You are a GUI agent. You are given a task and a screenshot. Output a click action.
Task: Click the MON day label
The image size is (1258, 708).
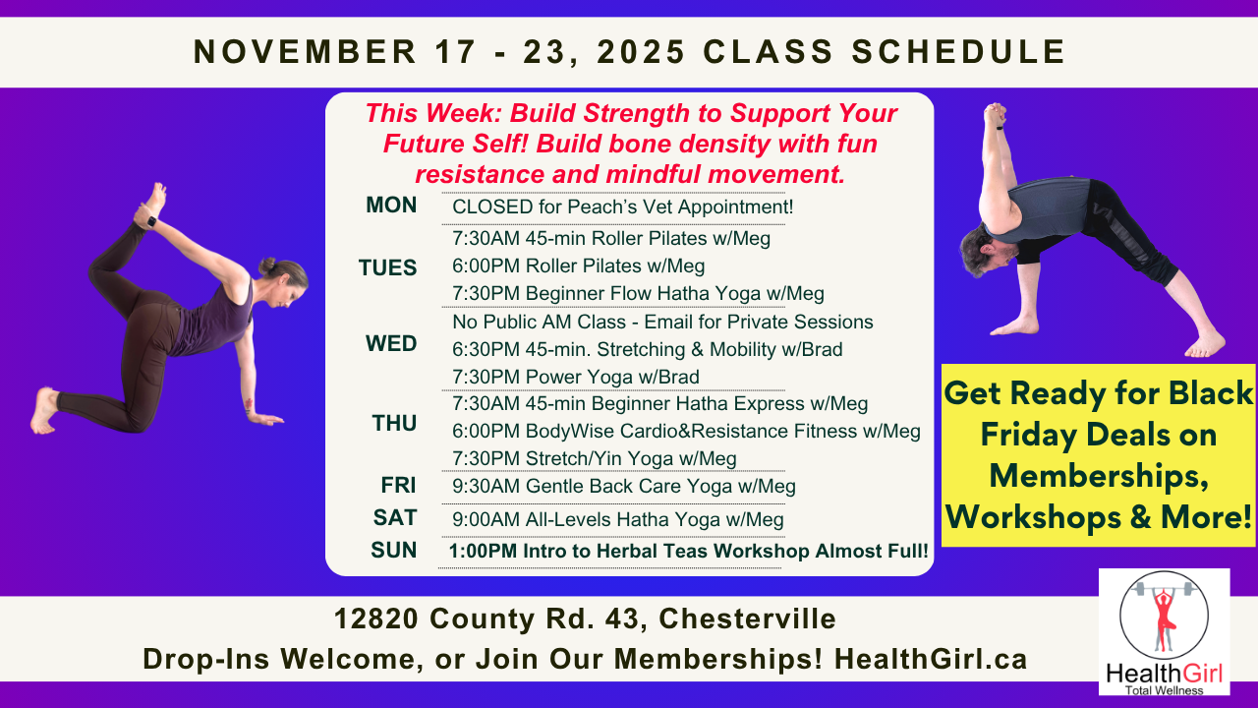click(x=391, y=206)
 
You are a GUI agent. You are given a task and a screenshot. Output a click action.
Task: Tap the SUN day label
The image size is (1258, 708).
click(x=394, y=551)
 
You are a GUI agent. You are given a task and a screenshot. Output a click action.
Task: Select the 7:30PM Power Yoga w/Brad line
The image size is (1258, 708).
click(x=576, y=377)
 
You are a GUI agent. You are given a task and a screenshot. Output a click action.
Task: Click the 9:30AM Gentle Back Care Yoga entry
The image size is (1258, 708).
click(x=624, y=486)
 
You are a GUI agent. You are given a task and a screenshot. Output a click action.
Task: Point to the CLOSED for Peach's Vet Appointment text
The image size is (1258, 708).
click(x=622, y=207)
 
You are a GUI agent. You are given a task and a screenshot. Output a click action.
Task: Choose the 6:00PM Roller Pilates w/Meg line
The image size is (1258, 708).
click(x=578, y=265)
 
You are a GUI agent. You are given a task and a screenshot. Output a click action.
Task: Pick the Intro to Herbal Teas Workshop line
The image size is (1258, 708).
click(x=688, y=552)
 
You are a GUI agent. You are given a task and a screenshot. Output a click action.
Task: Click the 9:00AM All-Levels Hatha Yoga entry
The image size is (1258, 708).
click(x=618, y=519)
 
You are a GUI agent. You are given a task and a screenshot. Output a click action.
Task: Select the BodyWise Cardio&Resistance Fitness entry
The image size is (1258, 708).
click(x=686, y=431)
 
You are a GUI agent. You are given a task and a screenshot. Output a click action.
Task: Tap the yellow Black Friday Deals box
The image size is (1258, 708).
click(x=1098, y=455)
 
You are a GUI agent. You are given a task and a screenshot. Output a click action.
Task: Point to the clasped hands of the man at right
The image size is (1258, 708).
click(x=995, y=112)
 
